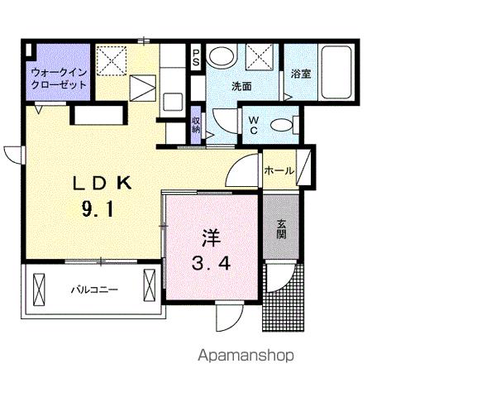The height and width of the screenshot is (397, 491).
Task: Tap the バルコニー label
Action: pyautogui.click(x=93, y=289)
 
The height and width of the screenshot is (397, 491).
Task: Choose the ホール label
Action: pyautogui.click(x=278, y=171)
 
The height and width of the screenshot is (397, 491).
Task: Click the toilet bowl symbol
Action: pyautogui.click(x=283, y=126)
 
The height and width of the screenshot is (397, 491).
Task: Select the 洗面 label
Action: pyautogui.click(x=241, y=86)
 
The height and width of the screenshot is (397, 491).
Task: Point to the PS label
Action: pyautogui.click(x=197, y=58)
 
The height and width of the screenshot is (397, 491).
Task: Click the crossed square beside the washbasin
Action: pyautogui.click(x=263, y=57)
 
